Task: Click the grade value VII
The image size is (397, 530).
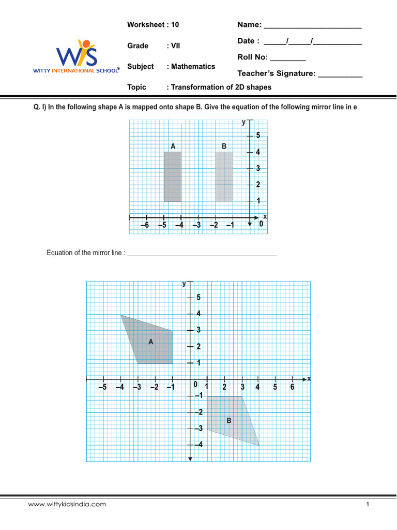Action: (x=176, y=46)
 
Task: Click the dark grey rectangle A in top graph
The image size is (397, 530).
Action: (x=173, y=176)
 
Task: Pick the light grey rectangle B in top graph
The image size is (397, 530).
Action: (x=224, y=176)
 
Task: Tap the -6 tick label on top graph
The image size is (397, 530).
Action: (x=145, y=225)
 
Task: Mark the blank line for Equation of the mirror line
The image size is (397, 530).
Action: (x=202, y=255)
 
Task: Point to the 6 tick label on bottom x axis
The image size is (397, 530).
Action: (x=292, y=387)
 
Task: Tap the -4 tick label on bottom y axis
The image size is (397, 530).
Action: (x=198, y=445)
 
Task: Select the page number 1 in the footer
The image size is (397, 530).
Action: (x=367, y=504)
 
